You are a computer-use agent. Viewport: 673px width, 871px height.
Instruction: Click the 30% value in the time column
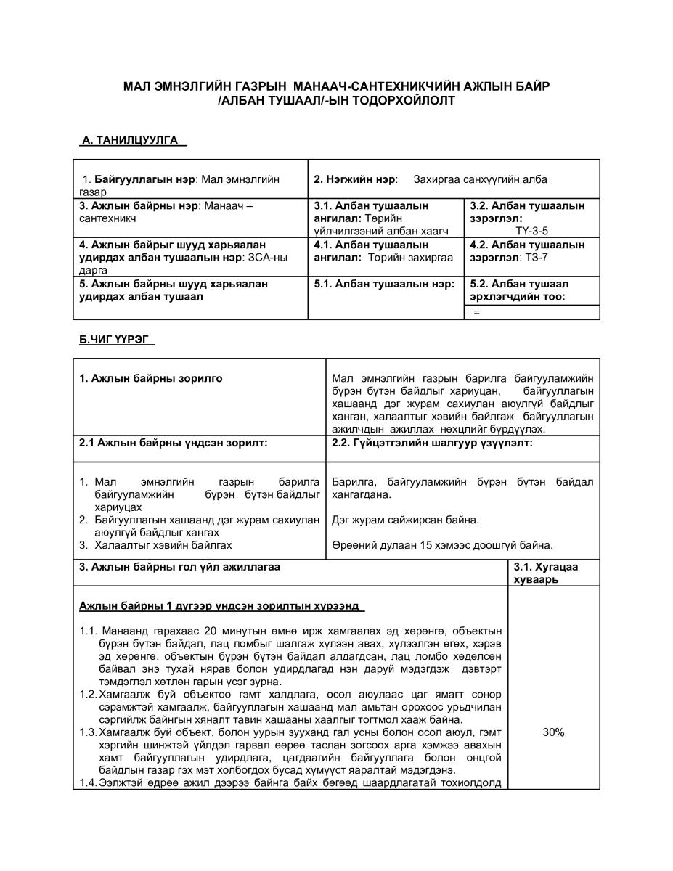tap(553, 732)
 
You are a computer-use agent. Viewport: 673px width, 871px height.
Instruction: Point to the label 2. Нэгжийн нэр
tap(355, 179)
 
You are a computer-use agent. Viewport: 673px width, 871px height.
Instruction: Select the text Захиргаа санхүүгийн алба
tap(480, 179)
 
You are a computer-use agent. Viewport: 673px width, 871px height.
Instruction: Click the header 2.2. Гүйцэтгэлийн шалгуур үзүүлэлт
tap(432, 443)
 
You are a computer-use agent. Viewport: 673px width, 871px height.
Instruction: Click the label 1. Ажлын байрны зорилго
tap(151, 378)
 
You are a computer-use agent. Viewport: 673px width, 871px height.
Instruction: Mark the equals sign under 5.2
tap(477, 312)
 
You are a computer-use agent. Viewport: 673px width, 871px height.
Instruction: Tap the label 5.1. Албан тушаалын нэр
tap(384, 284)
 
